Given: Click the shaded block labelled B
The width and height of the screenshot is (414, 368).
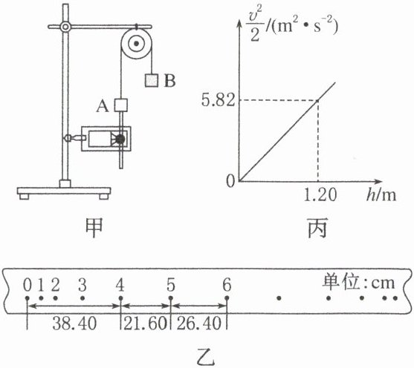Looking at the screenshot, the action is [x=152, y=80].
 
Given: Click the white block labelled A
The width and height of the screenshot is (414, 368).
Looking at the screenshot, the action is [x=121, y=105].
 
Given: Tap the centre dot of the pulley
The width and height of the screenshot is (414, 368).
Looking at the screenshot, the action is [x=136, y=44].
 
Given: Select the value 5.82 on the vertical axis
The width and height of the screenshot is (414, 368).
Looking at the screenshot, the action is [x=218, y=100].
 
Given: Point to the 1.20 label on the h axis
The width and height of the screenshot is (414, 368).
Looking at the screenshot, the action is [x=320, y=195].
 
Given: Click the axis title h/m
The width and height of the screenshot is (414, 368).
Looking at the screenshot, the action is [x=381, y=195].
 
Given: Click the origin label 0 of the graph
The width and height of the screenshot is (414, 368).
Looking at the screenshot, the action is [x=230, y=181].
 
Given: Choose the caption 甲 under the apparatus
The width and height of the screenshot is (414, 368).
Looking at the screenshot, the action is [x=94, y=228].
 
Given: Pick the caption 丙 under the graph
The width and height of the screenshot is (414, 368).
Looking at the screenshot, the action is [x=317, y=228].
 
